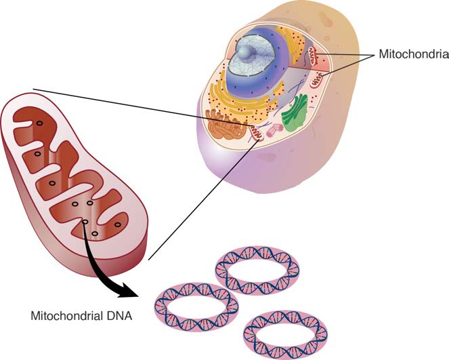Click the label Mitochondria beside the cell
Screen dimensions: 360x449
pyautogui.click(x=412, y=54)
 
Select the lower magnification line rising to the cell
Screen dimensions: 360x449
pyautogui.click(x=203, y=197)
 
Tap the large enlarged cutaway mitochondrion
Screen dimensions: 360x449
pyautogui.click(x=74, y=176)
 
